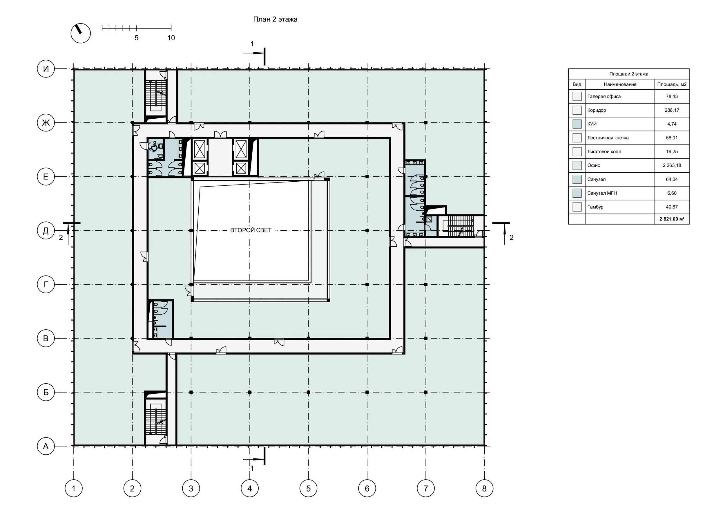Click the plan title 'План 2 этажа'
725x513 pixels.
[275, 19]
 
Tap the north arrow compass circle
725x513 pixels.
[81, 33]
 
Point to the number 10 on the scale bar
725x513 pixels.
[171, 38]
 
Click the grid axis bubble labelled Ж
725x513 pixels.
[46, 122]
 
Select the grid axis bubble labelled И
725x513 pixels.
[46, 68]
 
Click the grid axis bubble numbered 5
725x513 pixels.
[309, 488]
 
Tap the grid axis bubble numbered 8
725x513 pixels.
[484, 488]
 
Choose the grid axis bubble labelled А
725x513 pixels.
[46, 446]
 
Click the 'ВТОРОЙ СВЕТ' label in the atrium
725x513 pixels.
[251, 230]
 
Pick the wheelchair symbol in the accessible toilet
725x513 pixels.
[154, 146]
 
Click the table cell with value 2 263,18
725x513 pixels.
[672, 165]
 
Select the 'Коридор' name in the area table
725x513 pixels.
[597, 110]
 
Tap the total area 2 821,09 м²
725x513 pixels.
[672, 219]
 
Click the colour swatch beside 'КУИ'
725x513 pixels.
[577, 124]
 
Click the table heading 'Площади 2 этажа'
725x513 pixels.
[629, 74]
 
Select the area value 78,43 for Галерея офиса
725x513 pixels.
[672, 96]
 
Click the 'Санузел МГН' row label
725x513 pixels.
[602, 193]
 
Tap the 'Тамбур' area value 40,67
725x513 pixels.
[672, 207]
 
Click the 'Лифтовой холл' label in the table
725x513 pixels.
[604, 152]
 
